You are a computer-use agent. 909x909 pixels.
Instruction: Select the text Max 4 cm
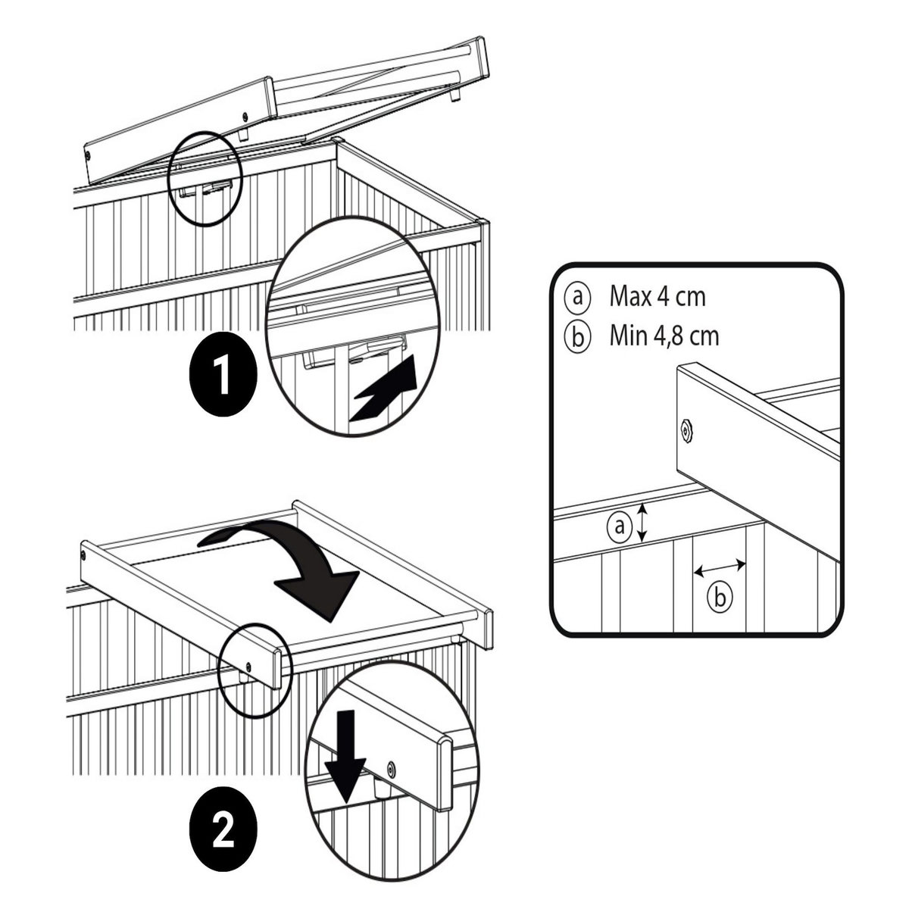point(657,296)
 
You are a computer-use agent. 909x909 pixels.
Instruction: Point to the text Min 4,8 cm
point(664,336)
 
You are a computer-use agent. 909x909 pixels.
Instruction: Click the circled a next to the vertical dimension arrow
point(620,525)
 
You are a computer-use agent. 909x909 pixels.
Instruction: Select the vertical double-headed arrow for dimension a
point(642,523)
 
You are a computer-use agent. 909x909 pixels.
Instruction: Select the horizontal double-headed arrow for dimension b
point(720,567)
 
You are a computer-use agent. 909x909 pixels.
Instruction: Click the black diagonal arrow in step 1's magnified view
point(385,390)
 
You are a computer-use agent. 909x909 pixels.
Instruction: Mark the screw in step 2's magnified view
point(390,768)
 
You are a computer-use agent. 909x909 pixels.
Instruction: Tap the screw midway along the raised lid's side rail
point(245,116)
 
